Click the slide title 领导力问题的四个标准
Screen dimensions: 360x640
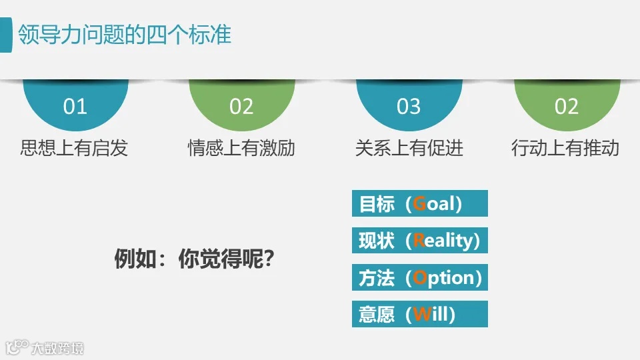point(125,34)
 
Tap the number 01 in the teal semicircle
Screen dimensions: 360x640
point(75,107)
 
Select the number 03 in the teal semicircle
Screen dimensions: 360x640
point(409,107)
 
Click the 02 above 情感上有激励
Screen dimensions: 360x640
point(241,107)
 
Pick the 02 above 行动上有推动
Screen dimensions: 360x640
point(567,107)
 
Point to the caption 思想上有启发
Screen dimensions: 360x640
point(74,148)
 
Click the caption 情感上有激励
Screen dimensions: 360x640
point(241,148)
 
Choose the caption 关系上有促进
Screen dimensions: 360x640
point(409,148)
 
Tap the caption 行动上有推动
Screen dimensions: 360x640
point(565,148)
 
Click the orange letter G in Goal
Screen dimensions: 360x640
point(419,203)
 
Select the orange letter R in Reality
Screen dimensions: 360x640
point(419,240)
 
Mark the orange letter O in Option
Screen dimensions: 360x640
point(419,277)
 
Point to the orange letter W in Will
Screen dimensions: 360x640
point(421,314)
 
